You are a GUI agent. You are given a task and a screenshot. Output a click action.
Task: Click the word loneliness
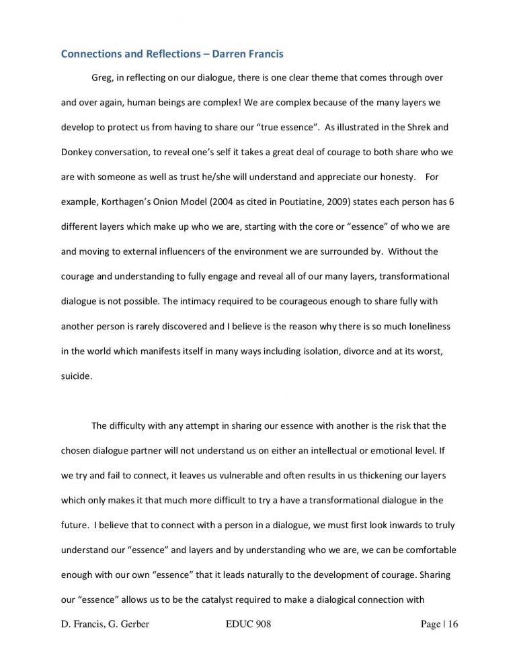pyautogui.click(x=426, y=327)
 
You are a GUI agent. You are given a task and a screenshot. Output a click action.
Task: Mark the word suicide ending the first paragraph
pyautogui.click(x=75, y=376)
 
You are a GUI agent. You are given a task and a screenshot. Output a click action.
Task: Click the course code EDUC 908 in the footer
pyautogui.click(x=245, y=625)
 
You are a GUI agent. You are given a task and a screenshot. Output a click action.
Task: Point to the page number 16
pyautogui.click(x=450, y=625)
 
